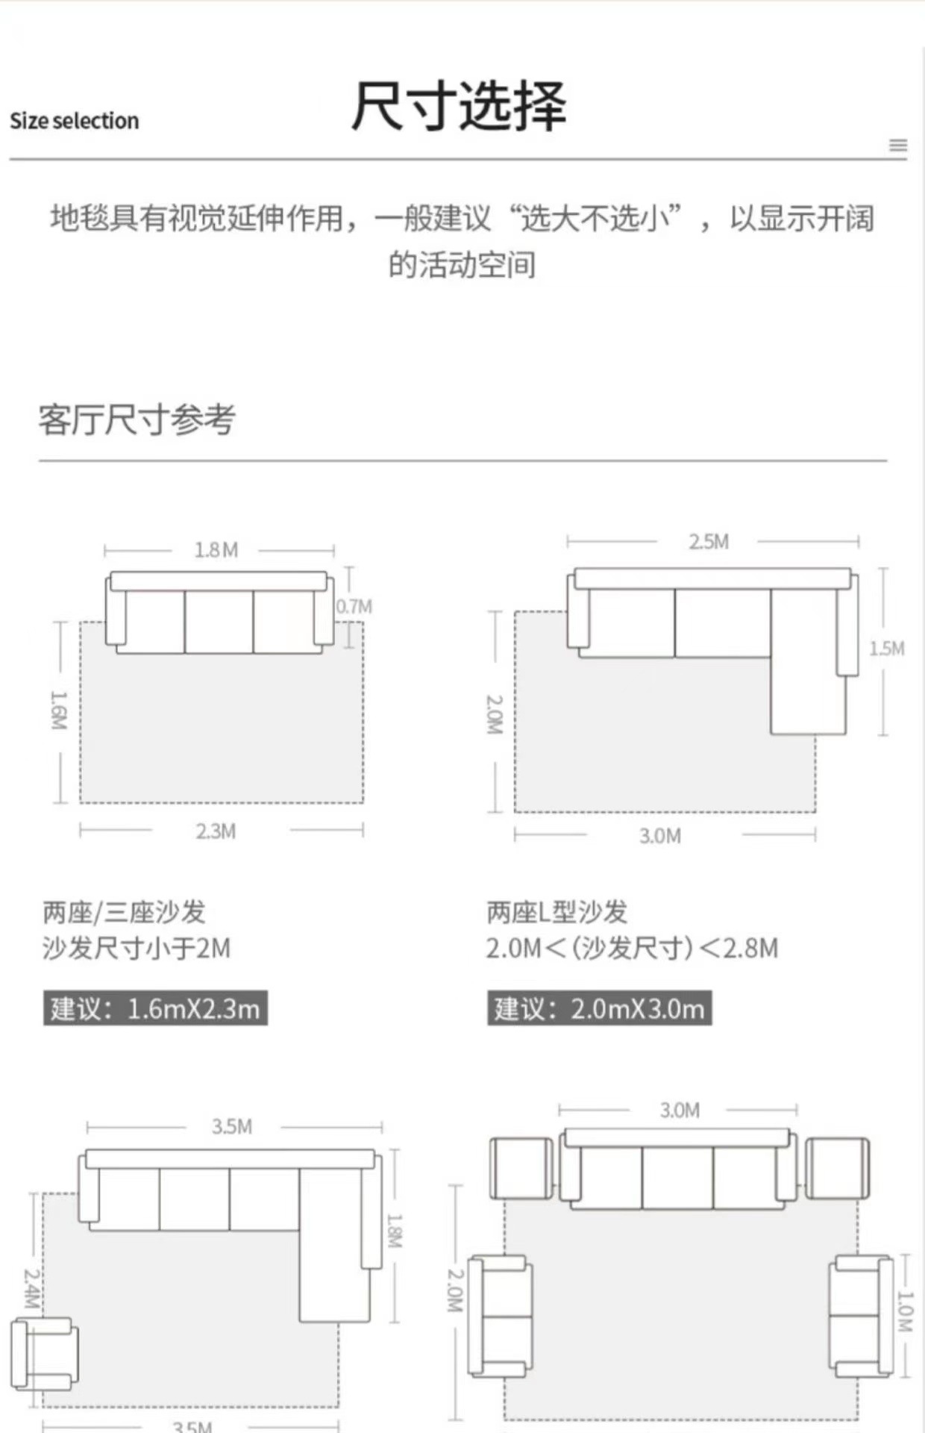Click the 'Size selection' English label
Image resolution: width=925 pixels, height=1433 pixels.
click(74, 121)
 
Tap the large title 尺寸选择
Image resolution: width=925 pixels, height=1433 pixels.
click(458, 106)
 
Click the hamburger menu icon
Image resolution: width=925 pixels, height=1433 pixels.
click(898, 146)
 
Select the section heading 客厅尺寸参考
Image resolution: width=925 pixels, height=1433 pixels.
click(137, 419)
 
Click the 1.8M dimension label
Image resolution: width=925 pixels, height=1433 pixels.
click(216, 551)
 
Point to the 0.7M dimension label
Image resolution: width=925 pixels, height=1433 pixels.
click(354, 607)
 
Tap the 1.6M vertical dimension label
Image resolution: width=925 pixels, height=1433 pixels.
click(59, 710)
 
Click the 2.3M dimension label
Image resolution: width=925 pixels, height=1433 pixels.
click(216, 831)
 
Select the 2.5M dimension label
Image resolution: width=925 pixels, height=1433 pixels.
click(709, 542)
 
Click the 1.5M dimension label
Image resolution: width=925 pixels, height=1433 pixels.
click(886, 649)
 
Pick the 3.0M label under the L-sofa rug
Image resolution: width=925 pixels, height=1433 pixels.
click(660, 836)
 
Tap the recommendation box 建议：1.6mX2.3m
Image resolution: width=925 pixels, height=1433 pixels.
click(155, 1009)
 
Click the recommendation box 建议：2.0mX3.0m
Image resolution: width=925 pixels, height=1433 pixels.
click(599, 1009)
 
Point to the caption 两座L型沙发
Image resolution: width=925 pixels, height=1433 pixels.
click(556, 912)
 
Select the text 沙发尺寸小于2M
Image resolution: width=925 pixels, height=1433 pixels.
click(137, 949)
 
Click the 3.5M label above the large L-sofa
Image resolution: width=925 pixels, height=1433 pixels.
click(232, 1127)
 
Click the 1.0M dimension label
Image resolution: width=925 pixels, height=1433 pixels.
click(903, 1311)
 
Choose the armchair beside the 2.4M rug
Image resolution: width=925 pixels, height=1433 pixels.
click(45, 1354)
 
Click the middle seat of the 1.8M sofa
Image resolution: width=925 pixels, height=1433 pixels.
click(219, 622)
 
